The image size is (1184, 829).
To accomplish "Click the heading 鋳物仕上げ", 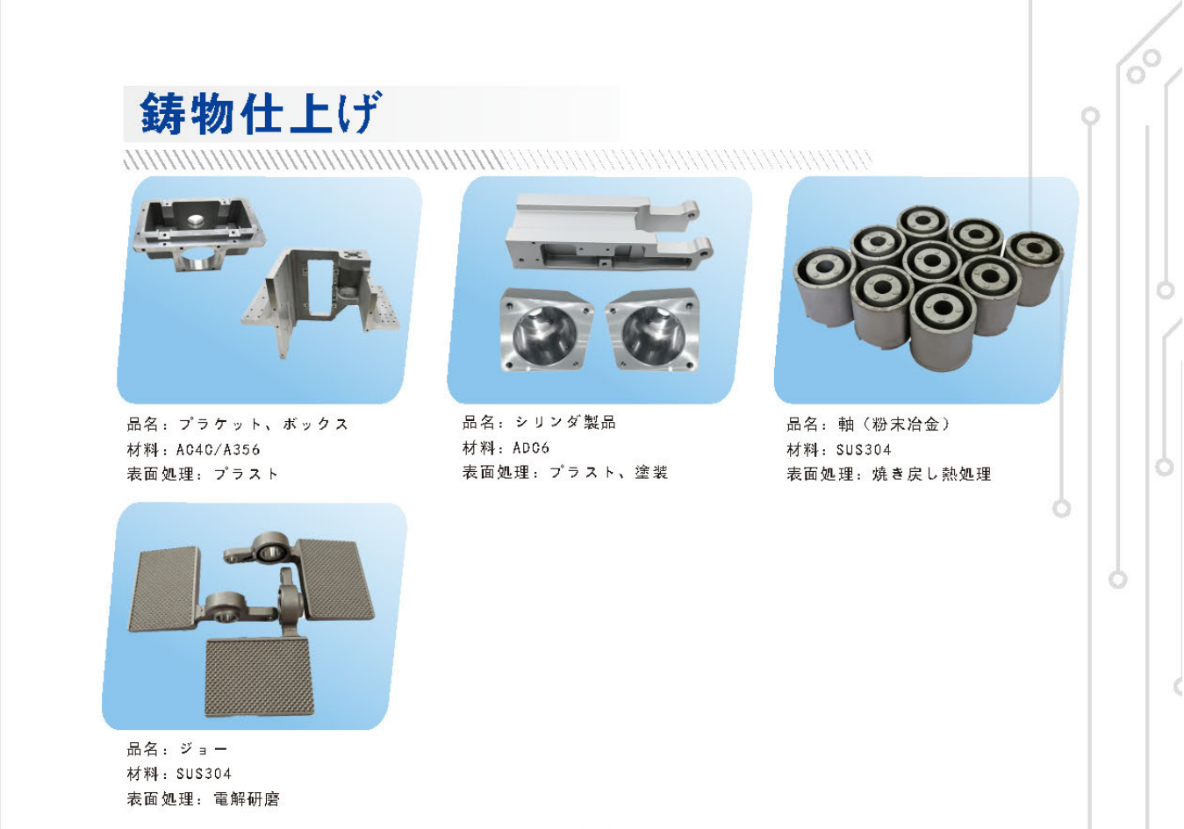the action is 260,113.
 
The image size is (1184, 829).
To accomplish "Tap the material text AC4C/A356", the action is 219,450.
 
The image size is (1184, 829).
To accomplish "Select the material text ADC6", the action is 531,448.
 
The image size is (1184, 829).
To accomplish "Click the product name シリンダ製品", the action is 565,422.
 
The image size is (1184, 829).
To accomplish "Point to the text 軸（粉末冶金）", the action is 894,424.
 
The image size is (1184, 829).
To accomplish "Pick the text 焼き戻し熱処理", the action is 931,474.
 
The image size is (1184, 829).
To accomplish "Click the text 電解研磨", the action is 247,799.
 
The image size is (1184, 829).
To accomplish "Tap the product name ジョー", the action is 204,748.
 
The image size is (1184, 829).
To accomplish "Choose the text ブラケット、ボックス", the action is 263,424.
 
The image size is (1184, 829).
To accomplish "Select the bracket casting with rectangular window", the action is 320,300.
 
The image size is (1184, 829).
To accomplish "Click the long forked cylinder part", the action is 609,232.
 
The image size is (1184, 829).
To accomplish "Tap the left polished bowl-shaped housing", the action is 546,329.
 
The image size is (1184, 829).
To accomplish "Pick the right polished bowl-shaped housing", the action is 653,329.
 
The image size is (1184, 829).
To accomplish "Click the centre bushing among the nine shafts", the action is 931,262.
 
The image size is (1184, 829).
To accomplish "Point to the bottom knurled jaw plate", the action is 259,677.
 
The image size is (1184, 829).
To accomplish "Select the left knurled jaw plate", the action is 165,590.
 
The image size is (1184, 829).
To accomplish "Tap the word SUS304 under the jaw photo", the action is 204,774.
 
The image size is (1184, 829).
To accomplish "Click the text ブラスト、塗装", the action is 609,472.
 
